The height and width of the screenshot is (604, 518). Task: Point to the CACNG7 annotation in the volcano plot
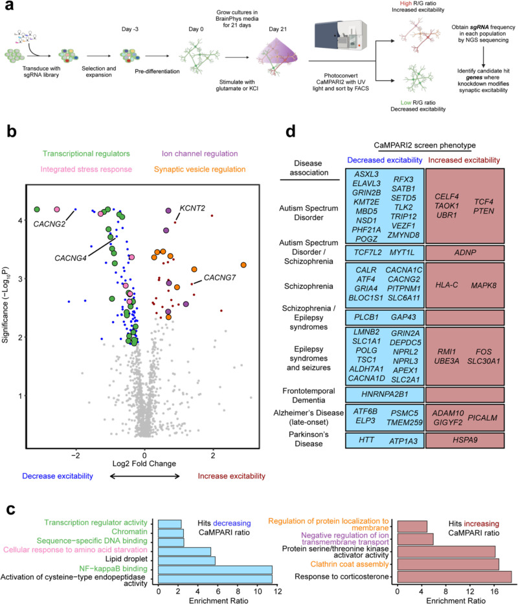[x=221, y=278]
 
